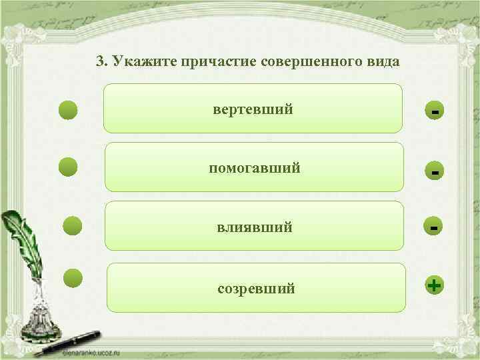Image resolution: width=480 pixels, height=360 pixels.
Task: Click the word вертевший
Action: (x=253, y=109)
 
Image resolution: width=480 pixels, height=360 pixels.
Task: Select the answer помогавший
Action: (x=254, y=168)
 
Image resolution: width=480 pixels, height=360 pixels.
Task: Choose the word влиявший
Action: (x=254, y=227)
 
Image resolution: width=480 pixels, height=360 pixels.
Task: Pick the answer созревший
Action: (x=256, y=289)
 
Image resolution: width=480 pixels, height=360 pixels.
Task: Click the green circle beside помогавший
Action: (x=69, y=167)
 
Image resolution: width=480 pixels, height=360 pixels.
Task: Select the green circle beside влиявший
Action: (x=72, y=226)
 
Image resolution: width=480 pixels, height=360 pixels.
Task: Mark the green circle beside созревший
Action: (x=73, y=278)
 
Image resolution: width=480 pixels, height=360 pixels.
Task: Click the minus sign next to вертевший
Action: (x=435, y=111)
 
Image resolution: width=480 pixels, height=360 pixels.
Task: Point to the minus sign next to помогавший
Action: (x=435, y=172)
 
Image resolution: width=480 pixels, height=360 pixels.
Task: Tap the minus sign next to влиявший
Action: (x=434, y=227)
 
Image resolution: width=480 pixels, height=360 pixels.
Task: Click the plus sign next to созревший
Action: (x=434, y=286)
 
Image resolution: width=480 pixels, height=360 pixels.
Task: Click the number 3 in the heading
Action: (x=100, y=62)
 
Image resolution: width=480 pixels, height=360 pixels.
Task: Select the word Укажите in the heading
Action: (x=139, y=62)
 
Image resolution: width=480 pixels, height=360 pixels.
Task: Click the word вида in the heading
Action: (x=382, y=62)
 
